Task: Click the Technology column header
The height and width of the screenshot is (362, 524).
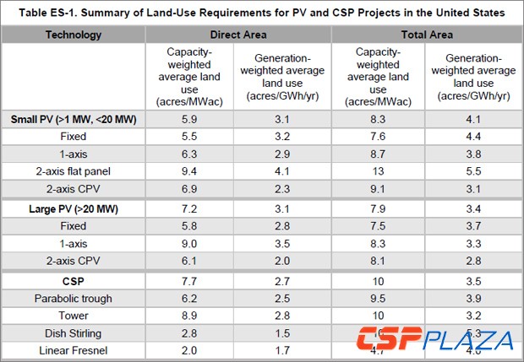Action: click(73, 35)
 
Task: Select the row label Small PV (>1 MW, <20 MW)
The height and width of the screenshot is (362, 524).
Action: click(74, 120)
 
